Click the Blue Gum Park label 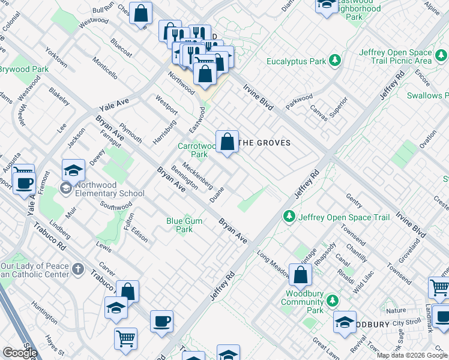184,226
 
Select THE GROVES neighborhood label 265,143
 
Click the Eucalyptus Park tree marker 335,61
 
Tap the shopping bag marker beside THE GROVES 228,143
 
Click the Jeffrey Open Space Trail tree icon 289,216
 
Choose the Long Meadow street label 273,263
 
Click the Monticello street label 105,68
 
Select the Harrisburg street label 164,132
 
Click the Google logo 20,353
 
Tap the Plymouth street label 130,134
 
